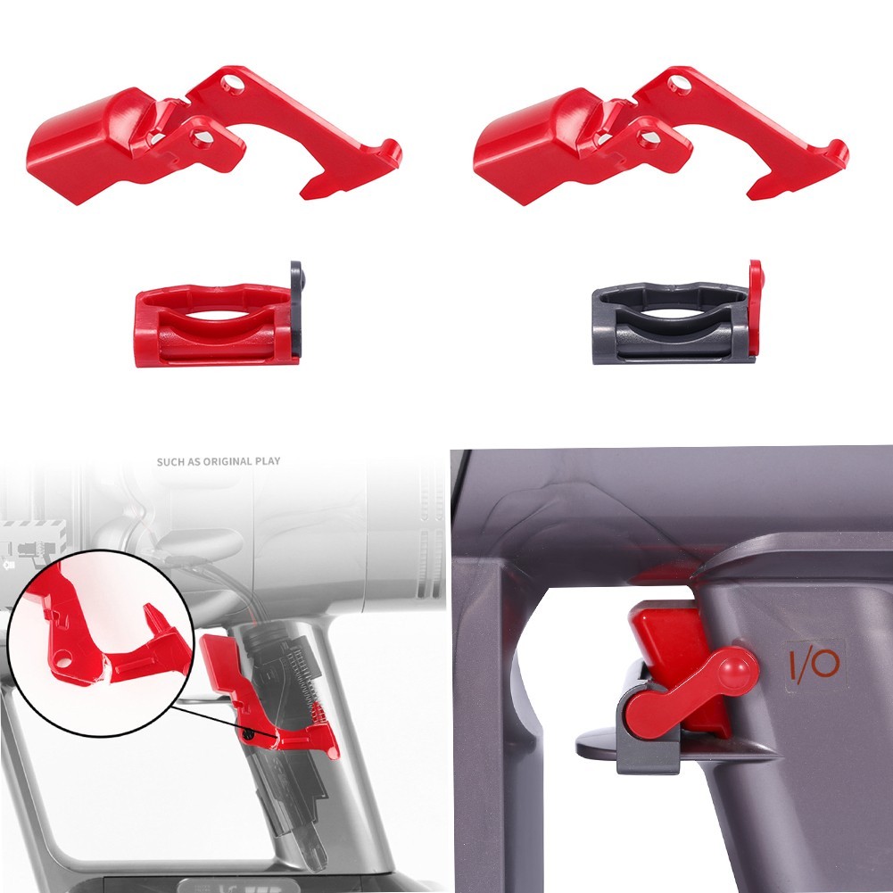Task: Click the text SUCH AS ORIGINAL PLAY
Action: click(x=218, y=461)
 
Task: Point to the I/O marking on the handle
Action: click(x=813, y=664)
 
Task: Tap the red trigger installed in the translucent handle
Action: click(x=259, y=696)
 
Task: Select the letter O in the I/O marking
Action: click(x=825, y=664)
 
